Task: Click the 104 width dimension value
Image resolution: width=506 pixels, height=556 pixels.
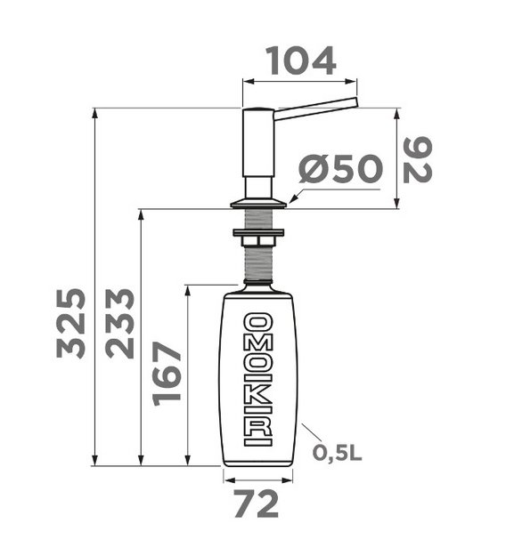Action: pyautogui.click(x=300, y=61)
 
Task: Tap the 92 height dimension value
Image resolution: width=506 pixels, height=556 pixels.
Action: pyautogui.click(x=418, y=160)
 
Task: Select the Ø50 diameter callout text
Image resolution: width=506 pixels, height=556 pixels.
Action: pyautogui.click(x=339, y=169)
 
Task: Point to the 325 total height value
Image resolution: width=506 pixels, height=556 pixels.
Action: pyautogui.click(x=70, y=323)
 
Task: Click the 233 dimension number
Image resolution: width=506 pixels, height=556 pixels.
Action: pyautogui.click(x=119, y=323)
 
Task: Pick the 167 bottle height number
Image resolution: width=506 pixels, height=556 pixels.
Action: pyautogui.click(x=167, y=373)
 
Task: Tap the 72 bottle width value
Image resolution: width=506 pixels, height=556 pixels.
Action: pyautogui.click(x=257, y=504)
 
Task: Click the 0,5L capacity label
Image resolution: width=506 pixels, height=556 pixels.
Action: pyautogui.click(x=337, y=453)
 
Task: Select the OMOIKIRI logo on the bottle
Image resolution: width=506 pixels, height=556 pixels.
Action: pyautogui.click(x=258, y=379)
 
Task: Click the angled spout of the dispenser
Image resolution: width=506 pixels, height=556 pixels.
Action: pyautogui.click(x=315, y=109)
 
